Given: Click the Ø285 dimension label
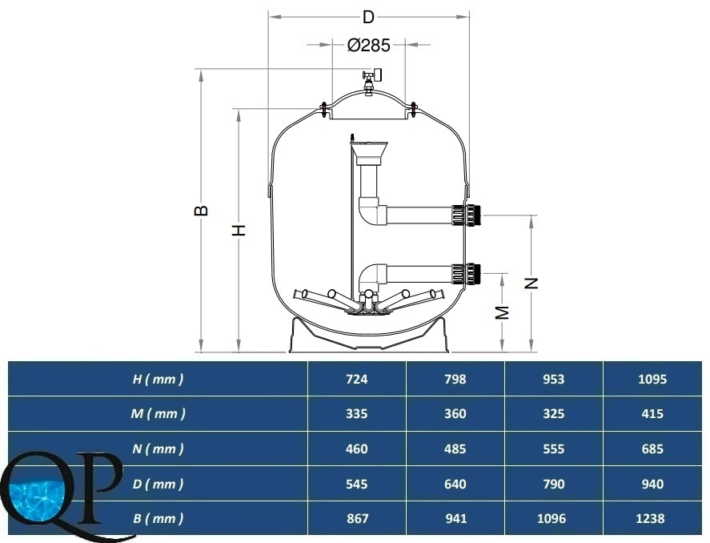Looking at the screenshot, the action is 368,45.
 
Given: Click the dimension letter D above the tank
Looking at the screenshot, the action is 368,17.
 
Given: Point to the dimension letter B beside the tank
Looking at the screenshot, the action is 202,211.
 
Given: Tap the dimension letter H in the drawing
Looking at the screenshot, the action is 239,230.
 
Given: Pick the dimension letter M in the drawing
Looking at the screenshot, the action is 502,312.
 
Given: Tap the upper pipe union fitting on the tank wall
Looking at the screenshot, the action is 466,215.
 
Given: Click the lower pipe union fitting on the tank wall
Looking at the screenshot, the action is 466,273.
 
